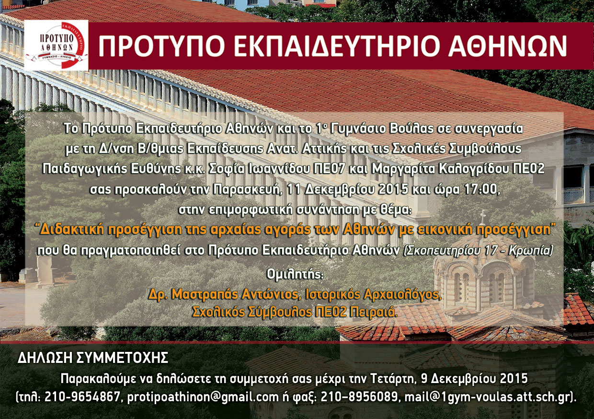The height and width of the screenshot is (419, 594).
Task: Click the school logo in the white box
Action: [56, 45]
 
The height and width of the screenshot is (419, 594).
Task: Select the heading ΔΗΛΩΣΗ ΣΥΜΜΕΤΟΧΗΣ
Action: [93, 358]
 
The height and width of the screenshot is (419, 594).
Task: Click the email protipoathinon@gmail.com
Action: [203, 397]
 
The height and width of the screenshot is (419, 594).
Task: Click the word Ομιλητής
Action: [295, 275]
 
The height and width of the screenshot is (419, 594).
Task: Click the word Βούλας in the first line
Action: [408, 129]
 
